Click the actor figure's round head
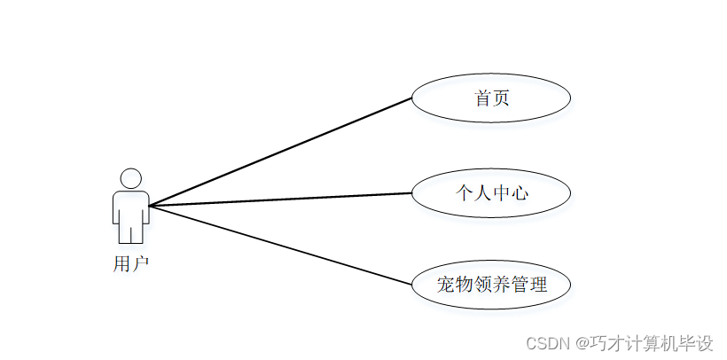coord(131,177)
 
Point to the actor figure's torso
coord(131,207)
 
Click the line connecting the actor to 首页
coord(280,152)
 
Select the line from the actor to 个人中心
coord(280,200)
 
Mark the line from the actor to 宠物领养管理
coord(280,246)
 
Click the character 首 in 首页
coord(482,98)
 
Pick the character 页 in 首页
coord(501,98)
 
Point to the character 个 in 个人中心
coord(464,192)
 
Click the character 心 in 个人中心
coord(520,192)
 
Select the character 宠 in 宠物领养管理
coord(446,285)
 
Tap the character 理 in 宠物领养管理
coord(537,285)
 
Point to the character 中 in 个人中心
coord(501,192)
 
